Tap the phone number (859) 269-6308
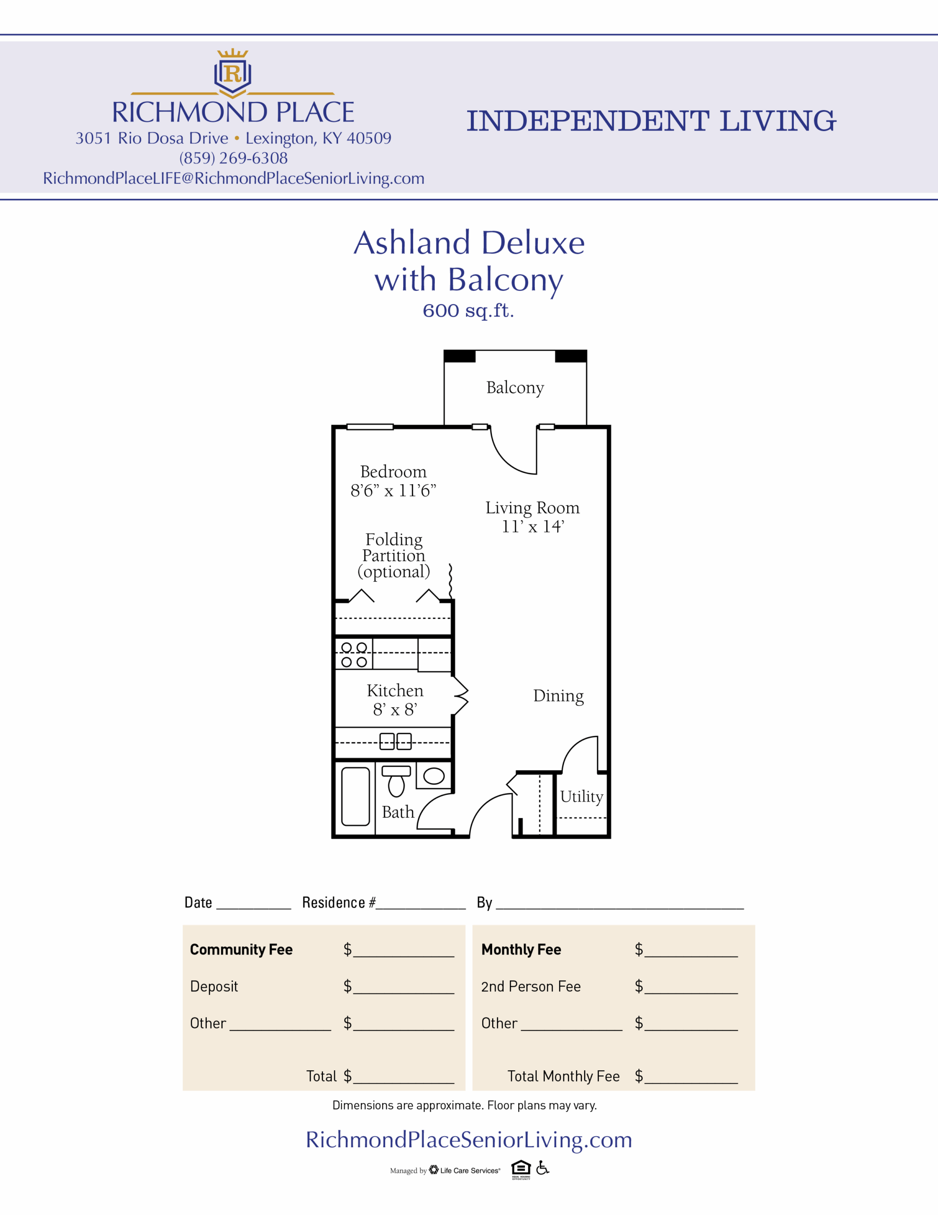233,158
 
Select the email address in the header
233,178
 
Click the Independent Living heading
651,121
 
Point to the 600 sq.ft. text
468,310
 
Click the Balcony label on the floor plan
515,388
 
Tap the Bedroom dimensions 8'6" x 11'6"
393,491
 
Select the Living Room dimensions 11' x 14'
533,526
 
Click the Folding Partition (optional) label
394,556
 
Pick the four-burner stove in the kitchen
354,654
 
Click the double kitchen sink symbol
395,741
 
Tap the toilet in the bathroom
396,781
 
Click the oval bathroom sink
434,776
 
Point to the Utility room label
581,797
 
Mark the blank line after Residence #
421,908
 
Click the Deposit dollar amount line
404,993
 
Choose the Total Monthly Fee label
563,1076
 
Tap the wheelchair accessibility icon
543,1168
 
